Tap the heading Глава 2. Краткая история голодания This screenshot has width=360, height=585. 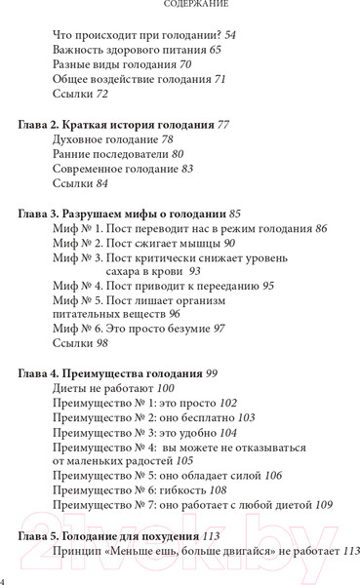click(118, 125)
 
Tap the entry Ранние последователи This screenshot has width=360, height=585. click(108, 154)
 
